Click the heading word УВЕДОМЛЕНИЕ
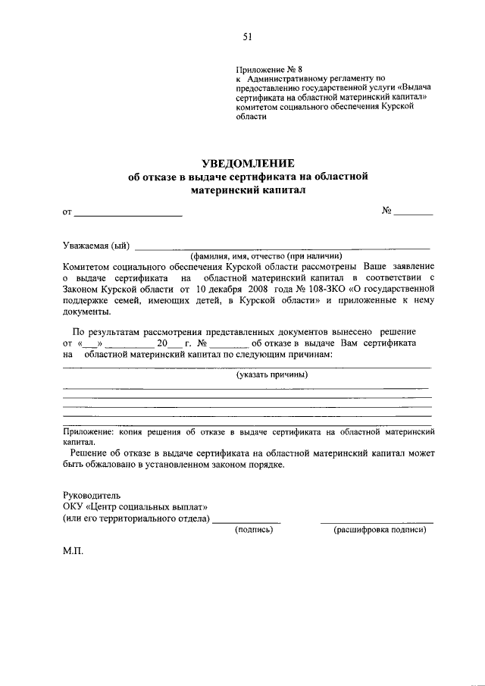point(247,163)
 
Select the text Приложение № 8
point(268,69)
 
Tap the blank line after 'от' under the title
point(128,216)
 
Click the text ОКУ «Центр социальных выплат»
point(135,506)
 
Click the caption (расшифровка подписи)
point(380,530)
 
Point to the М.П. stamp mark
point(73,553)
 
